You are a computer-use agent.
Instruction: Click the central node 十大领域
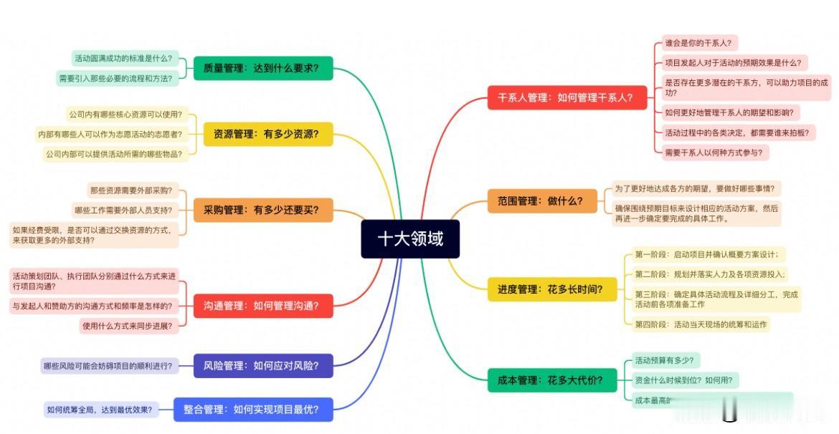coord(410,238)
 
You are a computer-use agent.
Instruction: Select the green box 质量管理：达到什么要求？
coord(263,69)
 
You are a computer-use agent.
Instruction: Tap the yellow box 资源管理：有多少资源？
coord(263,134)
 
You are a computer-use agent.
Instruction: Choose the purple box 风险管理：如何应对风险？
coord(256,366)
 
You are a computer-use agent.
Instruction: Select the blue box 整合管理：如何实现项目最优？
coord(254,410)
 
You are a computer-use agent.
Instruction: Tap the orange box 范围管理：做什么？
coord(536,201)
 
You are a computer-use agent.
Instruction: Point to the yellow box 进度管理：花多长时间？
coord(551,289)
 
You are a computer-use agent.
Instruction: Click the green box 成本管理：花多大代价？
coord(551,380)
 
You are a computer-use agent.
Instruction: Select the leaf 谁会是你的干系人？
coord(697,44)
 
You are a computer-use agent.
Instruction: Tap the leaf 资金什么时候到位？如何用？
coord(683,380)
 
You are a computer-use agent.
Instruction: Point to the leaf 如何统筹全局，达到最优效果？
coord(100,410)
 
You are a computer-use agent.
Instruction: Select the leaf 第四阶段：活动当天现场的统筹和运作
coord(701,324)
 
